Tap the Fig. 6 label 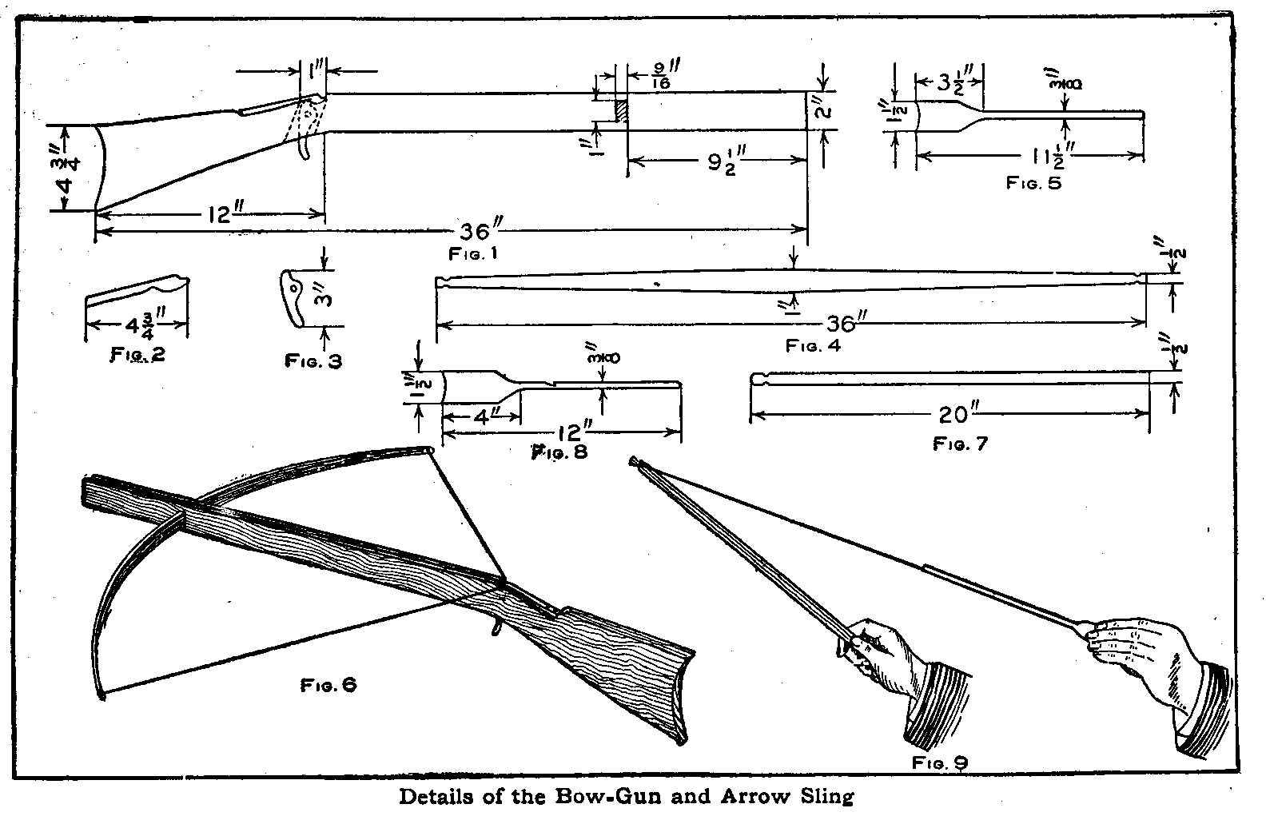[328, 685]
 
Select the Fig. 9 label [939, 762]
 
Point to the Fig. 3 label [313, 361]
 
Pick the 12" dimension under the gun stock [217, 214]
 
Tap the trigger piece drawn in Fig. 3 [294, 297]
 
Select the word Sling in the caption [828, 797]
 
